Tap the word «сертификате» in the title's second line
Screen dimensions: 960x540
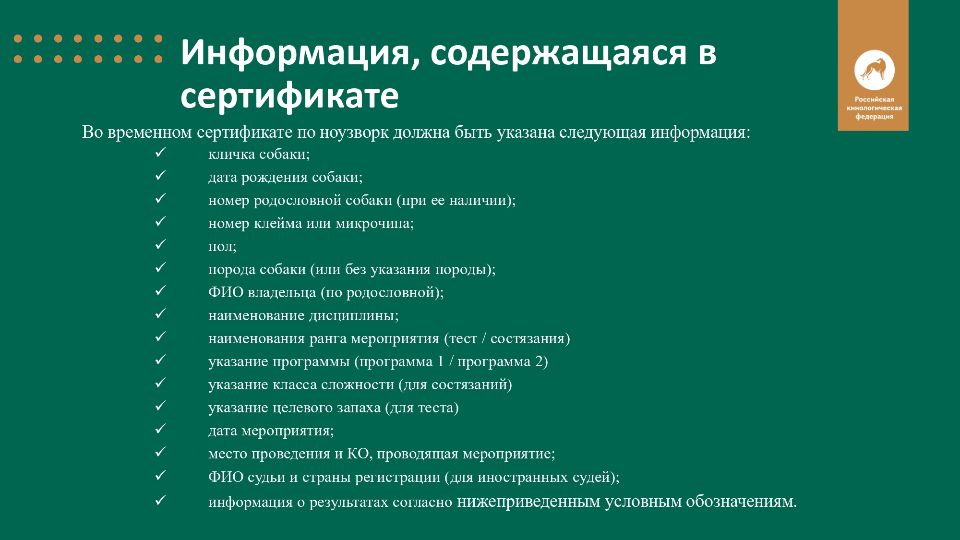pos(289,96)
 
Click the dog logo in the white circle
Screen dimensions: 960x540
pos(874,70)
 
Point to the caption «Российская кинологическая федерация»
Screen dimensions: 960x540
pos(874,108)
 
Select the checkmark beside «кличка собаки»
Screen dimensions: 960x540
pos(160,153)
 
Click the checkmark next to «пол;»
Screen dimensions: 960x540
pos(160,245)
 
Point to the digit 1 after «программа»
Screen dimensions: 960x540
pos(441,361)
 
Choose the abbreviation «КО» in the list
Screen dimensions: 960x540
pos(358,453)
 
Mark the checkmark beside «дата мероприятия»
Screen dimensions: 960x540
pos(160,429)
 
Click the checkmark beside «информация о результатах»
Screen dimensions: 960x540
pos(160,500)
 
